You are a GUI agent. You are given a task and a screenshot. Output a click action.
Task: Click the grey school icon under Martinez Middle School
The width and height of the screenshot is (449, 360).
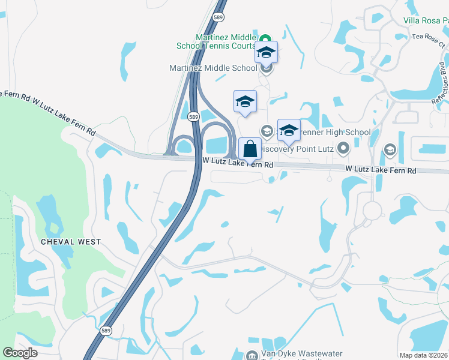click(268, 67)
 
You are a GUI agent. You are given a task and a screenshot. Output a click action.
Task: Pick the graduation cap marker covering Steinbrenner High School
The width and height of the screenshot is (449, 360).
click(289, 131)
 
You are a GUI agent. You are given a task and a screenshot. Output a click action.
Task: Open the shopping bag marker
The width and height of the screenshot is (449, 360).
click(250, 149)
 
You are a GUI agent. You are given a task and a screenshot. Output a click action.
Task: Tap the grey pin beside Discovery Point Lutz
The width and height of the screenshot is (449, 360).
click(343, 147)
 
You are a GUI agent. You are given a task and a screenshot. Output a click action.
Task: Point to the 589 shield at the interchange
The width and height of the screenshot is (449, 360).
click(193, 116)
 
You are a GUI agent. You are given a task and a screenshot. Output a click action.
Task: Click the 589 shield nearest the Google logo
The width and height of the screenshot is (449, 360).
click(106, 331)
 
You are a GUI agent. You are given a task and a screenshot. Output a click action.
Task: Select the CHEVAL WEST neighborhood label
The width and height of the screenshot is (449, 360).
click(71, 242)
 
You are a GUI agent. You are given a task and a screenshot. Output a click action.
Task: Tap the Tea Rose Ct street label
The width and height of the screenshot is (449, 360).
click(429, 45)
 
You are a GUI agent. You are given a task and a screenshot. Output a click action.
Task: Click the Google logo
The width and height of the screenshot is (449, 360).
click(20, 352)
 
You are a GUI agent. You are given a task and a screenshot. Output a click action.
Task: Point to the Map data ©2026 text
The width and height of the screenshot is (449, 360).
click(423, 355)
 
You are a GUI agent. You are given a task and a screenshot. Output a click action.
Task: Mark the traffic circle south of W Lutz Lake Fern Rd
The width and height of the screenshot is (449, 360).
click(372, 211)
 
